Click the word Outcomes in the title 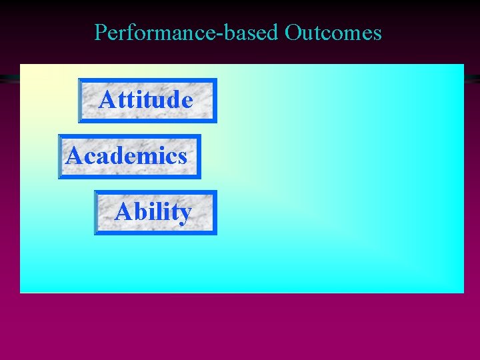coord(333,32)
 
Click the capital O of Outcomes coord(293,32)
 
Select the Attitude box coord(147,101)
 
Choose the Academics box coord(129,157)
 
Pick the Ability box coord(155,213)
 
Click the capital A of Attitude coord(107,100)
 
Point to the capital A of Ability coord(122,212)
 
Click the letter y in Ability coord(185,215)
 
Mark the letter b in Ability coord(137,212)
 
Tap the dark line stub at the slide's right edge coord(471,78)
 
